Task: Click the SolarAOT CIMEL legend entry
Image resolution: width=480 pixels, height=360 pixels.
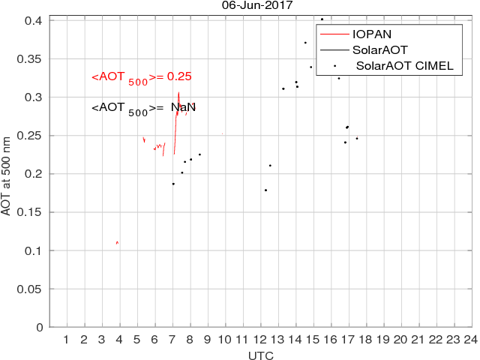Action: coord(404,66)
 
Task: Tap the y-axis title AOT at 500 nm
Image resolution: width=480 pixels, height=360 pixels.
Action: coord(7,170)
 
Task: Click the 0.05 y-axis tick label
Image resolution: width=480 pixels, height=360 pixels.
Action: coord(33,289)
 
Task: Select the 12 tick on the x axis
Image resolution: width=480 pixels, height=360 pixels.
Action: coord(259,340)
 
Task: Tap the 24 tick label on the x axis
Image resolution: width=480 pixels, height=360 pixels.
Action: coord(470,340)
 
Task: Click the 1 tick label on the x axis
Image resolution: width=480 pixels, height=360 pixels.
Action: coord(66,340)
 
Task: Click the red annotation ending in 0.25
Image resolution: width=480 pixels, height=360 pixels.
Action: coord(142,77)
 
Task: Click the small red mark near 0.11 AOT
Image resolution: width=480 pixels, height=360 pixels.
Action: coord(118,242)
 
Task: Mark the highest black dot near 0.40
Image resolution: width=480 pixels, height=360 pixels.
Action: coord(322,19)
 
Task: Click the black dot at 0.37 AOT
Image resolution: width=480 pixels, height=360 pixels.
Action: coord(305,43)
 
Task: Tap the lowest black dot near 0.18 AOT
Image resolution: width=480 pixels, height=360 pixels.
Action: coord(265,190)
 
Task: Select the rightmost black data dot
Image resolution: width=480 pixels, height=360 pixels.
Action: coord(357,138)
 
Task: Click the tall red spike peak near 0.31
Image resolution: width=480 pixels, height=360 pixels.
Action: coord(178,93)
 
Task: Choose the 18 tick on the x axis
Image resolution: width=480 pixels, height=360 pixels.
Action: coord(365,340)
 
